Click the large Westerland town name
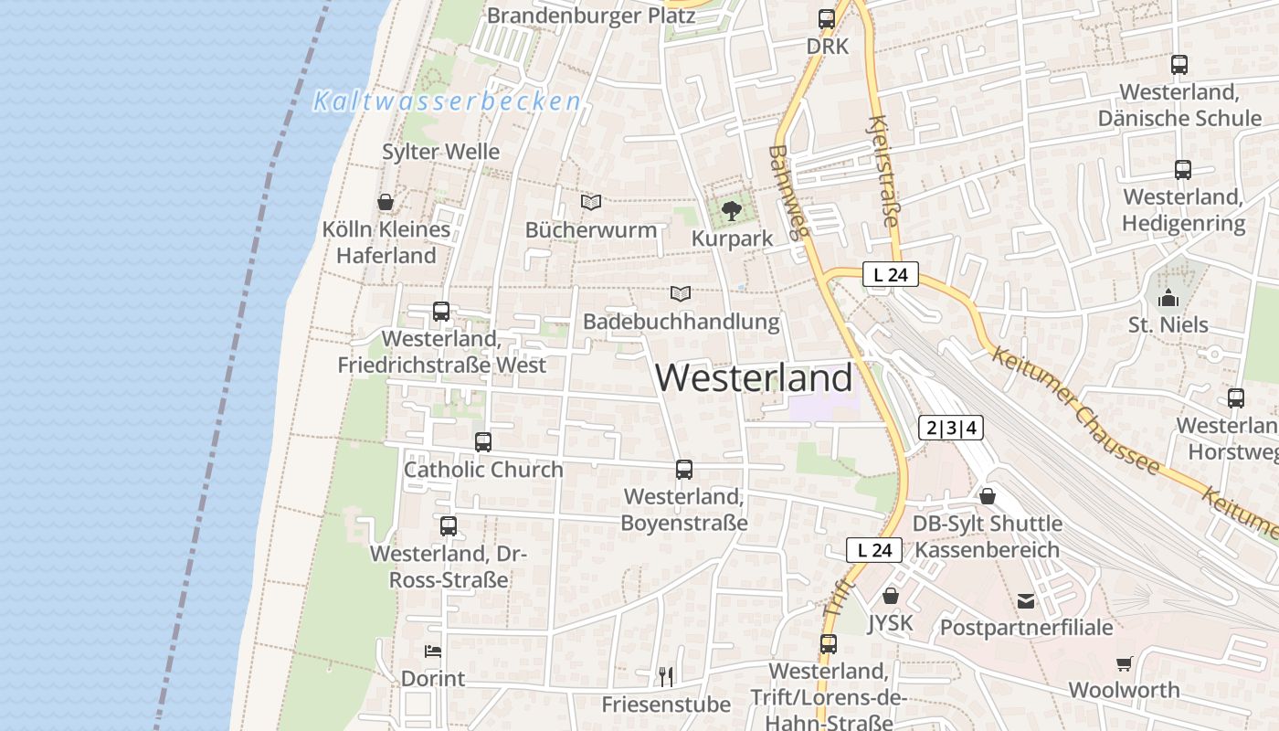[754, 377]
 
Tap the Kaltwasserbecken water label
[447, 101]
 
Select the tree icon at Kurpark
[731, 211]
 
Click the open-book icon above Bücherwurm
[591, 202]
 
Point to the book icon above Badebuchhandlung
[680, 293]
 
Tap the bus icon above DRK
[827, 19]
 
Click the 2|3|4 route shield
[951, 427]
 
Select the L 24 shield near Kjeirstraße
[890, 274]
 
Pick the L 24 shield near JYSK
[874, 550]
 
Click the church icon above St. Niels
[1168, 298]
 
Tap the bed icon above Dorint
[433, 652]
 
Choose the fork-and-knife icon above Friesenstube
[666, 676]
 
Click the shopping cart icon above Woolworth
[1124, 663]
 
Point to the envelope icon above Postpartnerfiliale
[1026, 600]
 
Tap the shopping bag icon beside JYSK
[891, 596]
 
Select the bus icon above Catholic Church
[483, 442]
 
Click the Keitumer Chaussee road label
[1074, 411]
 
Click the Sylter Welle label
[440, 152]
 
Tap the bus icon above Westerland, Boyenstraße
[683, 470]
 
